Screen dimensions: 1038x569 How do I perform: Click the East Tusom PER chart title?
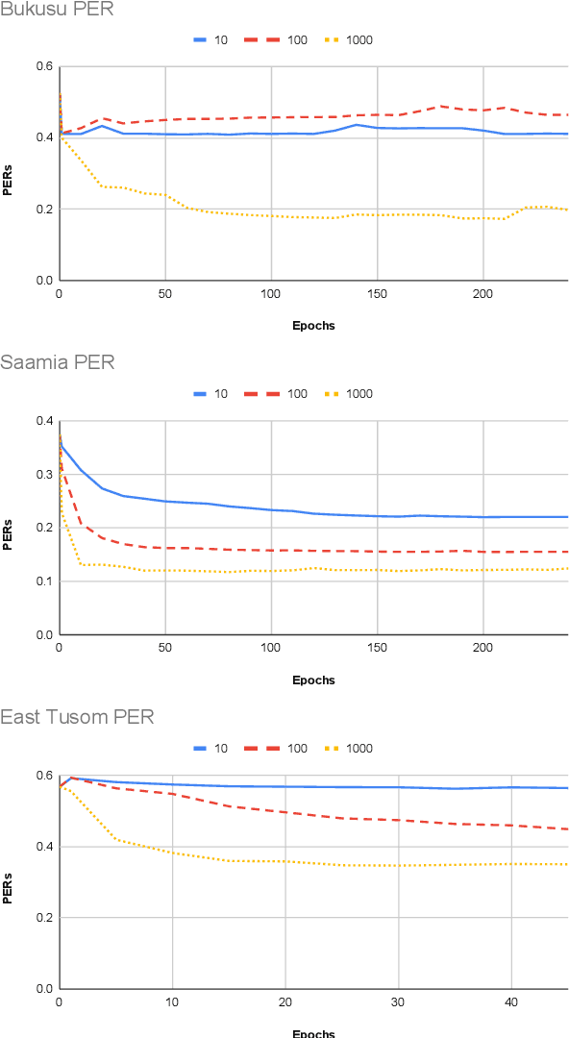pos(77,717)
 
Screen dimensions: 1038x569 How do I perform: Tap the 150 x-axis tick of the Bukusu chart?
pos(377,293)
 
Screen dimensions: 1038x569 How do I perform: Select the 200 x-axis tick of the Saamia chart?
pos(482,648)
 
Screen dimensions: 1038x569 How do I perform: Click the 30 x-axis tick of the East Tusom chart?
pos(398,1001)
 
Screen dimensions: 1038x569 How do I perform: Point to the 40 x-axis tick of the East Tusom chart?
pos(510,1001)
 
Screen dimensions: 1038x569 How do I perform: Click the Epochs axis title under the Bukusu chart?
pos(313,325)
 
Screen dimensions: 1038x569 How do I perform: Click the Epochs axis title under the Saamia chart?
pos(313,680)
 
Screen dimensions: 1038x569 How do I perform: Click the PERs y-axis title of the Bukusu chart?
pos(8,174)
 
